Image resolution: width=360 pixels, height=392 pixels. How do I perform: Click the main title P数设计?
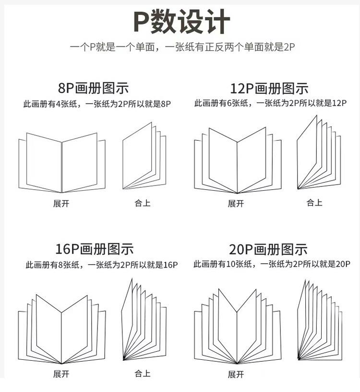pyautogui.click(x=181, y=22)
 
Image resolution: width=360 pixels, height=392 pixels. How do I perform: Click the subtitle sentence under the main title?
pyautogui.click(x=181, y=48)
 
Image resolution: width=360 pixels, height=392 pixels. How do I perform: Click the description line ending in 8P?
pyautogui.click(x=97, y=103)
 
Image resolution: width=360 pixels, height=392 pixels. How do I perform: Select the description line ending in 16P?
pyautogui.click(x=102, y=265)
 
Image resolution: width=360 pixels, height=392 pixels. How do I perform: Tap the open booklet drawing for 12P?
pyautogui.click(x=237, y=161)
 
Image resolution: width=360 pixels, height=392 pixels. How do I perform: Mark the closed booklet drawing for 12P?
pyautogui.click(x=318, y=153)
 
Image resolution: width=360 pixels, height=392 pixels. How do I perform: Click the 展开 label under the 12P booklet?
pyautogui.click(x=236, y=203)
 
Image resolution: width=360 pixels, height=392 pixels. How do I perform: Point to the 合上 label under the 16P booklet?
pyautogui.click(x=143, y=373)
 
